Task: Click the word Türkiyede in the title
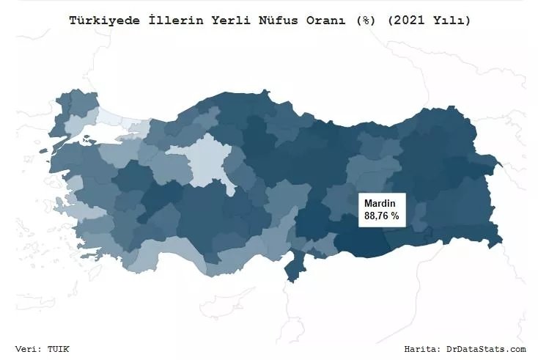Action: pos(100,21)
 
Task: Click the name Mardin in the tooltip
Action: pos(380,203)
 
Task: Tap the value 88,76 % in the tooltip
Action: pos(381,216)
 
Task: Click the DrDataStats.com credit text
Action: pos(486,349)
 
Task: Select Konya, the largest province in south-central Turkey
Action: pos(205,213)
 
